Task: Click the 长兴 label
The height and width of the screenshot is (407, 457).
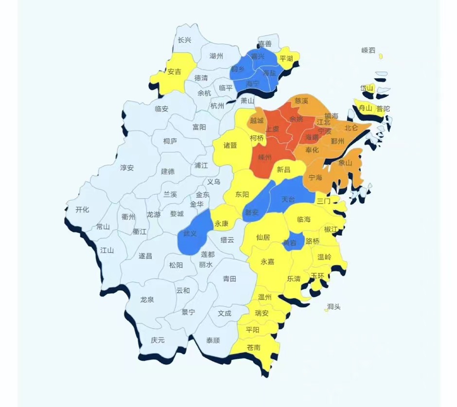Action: [184, 40]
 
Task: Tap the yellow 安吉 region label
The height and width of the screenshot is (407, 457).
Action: [174, 72]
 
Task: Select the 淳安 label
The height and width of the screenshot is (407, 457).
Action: [127, 168]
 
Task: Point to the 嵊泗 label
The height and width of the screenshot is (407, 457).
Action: [369, 50]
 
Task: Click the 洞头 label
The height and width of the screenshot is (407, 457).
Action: [334, 306]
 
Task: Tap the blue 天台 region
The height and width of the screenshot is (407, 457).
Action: [288, 199]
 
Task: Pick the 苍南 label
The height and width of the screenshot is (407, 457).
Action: [253, 347]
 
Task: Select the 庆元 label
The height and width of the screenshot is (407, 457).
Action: [158, 340]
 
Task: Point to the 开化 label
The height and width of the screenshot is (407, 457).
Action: [82, 210]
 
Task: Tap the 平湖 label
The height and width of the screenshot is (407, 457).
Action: [286, 59]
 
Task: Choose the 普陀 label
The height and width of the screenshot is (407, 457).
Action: [383, 109]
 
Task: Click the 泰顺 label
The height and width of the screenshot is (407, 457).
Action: [213, 340]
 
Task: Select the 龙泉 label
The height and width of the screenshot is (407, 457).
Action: [147, 300]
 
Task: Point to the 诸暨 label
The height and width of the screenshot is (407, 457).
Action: [230, 145]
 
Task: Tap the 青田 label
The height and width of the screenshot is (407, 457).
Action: [229, 279]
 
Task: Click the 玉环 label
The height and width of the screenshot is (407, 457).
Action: [317, 276]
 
